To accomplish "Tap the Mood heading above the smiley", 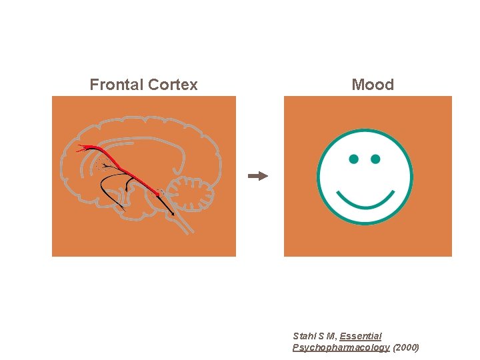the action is pos(373,85).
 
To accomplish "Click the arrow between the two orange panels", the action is pos(258,176).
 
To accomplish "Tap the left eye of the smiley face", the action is pos(353,159).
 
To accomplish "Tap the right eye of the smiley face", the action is pos(375,159).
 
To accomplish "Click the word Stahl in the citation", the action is pos(304,336).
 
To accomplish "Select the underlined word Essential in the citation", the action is pos(360,336).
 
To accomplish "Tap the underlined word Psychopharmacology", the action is pos(341,347).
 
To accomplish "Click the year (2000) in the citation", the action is pos(406,347).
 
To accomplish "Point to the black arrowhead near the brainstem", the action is pos(173,214).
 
